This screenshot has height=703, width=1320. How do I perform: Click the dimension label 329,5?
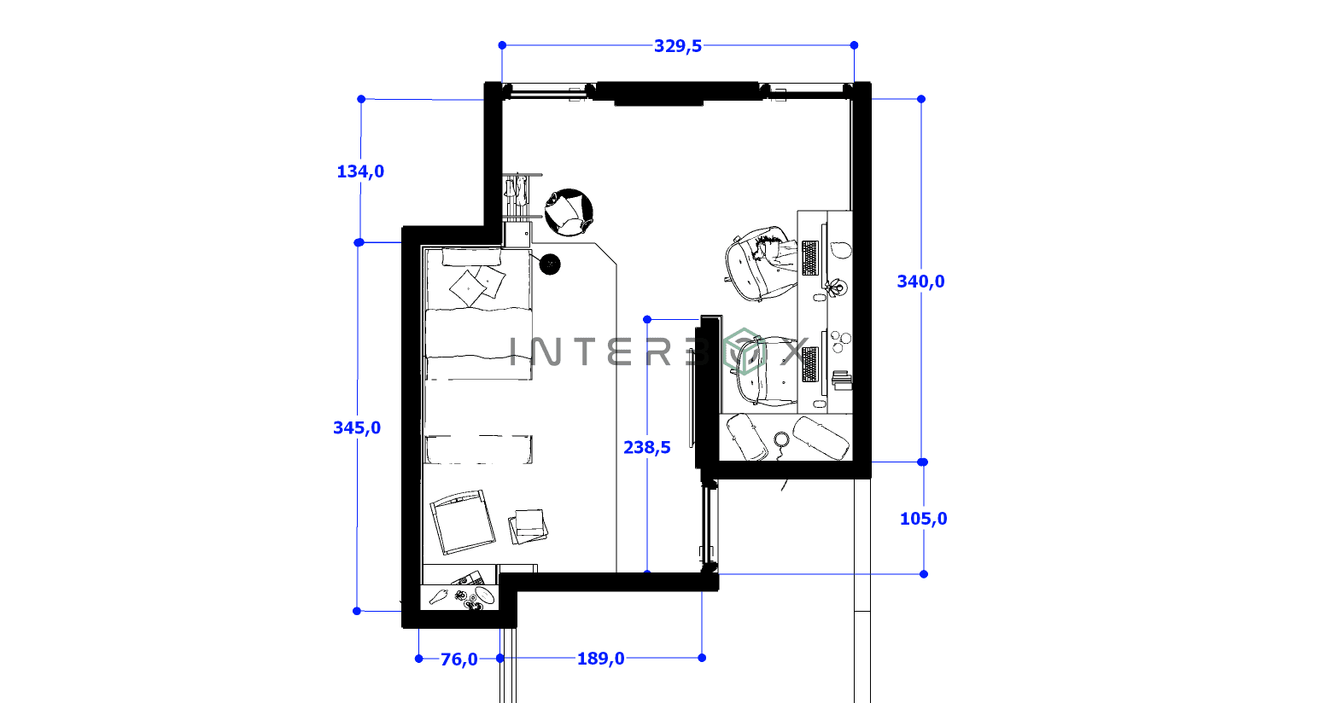click(x=678, y=46)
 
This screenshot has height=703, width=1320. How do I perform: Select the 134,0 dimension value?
click(x=360, y=171)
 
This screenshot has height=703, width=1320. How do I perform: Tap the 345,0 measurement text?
click(x=357, y=428)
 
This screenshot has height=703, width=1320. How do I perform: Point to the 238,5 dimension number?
click(x=647, y=447)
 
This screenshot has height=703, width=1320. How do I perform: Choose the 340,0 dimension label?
click(x=920, y=282)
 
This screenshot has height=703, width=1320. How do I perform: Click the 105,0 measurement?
click(x=923, y=519)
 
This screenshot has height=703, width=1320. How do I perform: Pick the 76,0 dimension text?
click(x=458, y=659)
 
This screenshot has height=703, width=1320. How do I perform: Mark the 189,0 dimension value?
click(x=600, y=659)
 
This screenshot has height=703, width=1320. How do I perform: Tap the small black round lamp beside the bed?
click(x=551, y=264)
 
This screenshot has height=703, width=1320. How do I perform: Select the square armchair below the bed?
click(x=462, y=521)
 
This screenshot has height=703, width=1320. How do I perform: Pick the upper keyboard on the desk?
click(x=809, y=259)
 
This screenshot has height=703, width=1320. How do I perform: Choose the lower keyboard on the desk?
click(x=809, y=365)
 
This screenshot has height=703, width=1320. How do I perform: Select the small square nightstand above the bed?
click(x=517, y=234)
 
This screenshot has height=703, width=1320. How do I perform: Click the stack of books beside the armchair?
click(x=528, y=526)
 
